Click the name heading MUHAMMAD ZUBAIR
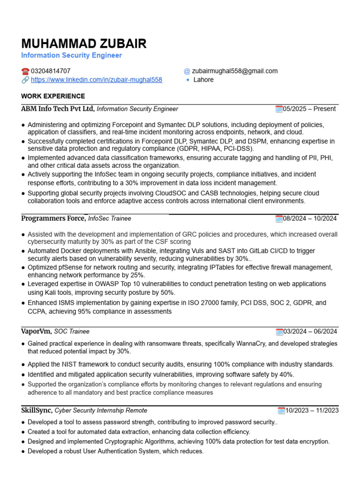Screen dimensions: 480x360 [84, 44]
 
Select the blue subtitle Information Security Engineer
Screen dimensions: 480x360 [71, 55]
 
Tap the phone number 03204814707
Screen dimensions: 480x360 [51, 71]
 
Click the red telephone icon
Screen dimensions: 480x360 [25, 71]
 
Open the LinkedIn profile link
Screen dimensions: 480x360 [96, 80]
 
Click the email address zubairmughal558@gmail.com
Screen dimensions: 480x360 [235, 71]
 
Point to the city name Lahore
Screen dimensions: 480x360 [203, 80]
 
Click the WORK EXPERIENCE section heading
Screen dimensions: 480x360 [53, 96]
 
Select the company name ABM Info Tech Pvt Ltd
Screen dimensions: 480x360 [57, 109]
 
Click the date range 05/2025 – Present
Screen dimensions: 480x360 [309, 109]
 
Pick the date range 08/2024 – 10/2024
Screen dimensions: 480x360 [309, 218]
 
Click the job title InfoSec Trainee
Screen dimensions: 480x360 [110, 218]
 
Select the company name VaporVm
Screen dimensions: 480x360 [36, 331]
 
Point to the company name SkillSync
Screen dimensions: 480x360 [37, 410]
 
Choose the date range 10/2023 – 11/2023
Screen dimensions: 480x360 [312, 411]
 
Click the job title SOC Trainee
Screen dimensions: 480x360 [72, 331]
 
